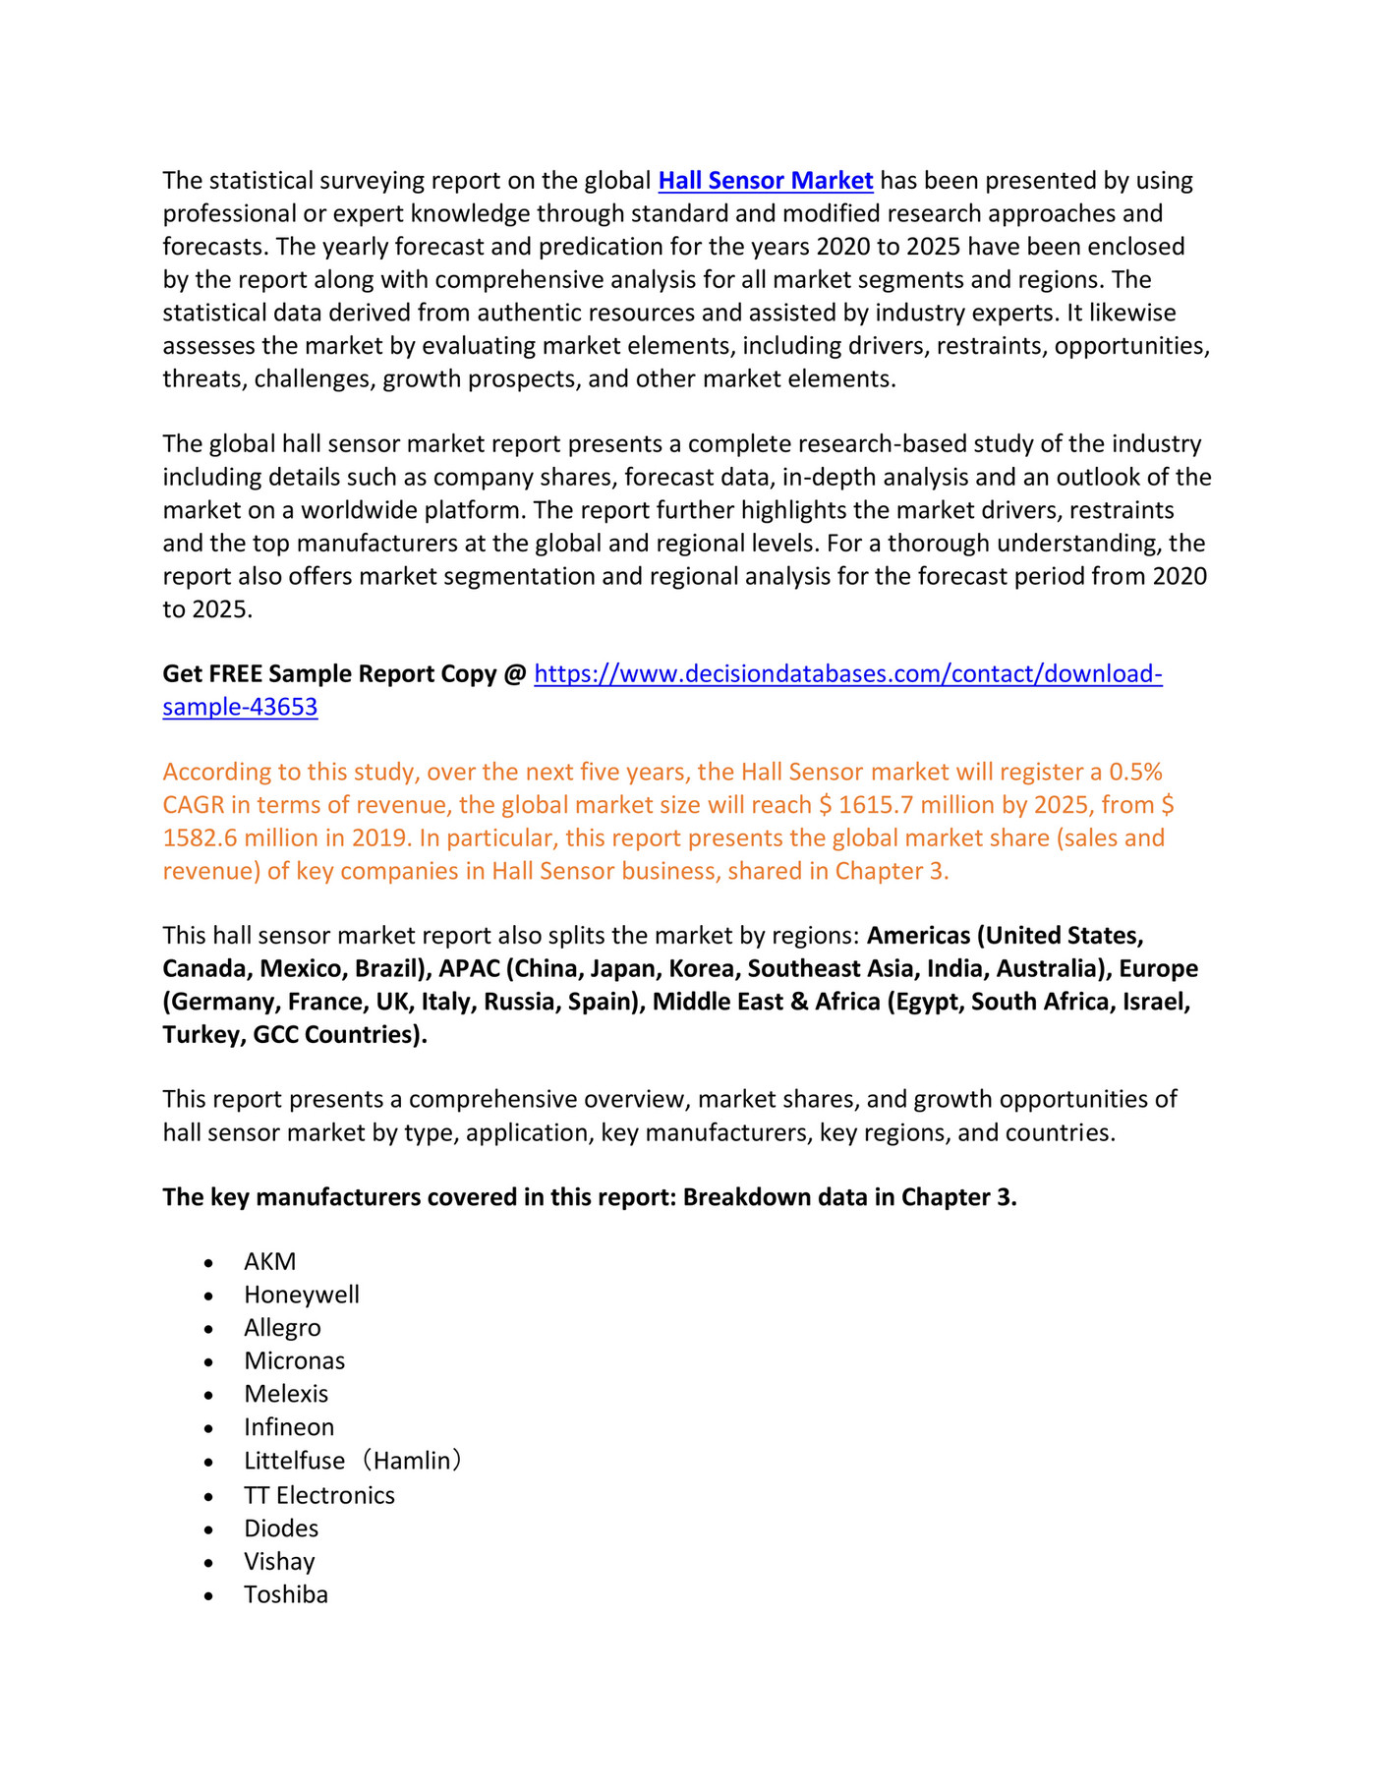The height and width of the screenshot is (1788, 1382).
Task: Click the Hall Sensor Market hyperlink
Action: coord(765,181)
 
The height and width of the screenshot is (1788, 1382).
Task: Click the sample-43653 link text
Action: coord(240,707)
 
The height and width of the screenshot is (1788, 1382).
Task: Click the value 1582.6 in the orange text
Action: coord(200,838)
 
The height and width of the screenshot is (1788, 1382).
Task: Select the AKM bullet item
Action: coord(269,1261)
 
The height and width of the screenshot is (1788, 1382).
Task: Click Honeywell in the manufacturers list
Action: coord(301,1295)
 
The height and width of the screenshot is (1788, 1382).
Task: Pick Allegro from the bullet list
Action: coord(282,1328)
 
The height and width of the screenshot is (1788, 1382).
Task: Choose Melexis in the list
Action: coord(286,1394)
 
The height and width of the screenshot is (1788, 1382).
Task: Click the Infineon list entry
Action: coord(289,1427)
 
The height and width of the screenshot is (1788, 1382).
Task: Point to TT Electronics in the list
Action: coord(319,1495)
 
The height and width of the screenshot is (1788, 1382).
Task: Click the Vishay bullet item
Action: coord(279,1562)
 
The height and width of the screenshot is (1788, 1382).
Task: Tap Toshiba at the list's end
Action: coord(286,1594)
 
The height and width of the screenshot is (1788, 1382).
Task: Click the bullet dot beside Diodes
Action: coord(208,1529)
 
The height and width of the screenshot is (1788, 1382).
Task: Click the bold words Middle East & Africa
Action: coord(766,1002)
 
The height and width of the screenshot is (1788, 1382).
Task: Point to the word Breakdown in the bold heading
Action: coord(746,1197)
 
